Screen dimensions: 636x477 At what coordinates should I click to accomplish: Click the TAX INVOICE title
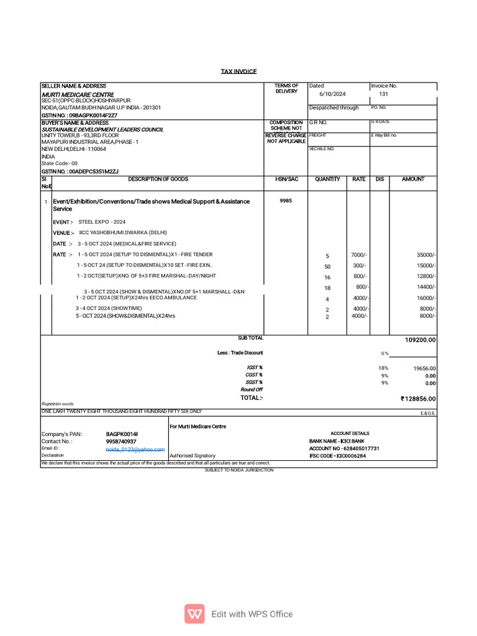pos(238,72)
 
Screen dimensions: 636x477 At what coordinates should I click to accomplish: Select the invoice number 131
pos(383,94)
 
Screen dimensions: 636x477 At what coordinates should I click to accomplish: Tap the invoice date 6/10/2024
pos(332,94)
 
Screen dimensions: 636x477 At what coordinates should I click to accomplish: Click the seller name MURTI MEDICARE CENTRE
pos(77,94)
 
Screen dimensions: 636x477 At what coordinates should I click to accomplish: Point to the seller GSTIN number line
pos(79,115)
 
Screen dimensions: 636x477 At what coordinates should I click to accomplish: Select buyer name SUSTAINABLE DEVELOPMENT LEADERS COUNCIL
pos(102,129)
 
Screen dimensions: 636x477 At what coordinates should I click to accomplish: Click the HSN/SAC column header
pos(286,179)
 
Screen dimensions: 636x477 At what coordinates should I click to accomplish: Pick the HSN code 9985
pos(286,201)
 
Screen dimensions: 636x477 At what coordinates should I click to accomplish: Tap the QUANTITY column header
pos(327,179)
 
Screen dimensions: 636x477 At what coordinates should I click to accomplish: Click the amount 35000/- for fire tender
pos(426,255)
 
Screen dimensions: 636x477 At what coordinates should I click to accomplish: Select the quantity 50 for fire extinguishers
pos(327,266)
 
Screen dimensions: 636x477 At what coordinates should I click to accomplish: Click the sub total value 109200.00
pos(420,340)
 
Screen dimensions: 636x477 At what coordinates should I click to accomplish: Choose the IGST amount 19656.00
pos(425,368)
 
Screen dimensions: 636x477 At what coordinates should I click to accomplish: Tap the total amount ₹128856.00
pos(419,399)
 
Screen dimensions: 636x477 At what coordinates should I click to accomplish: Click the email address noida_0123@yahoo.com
pos(135,448)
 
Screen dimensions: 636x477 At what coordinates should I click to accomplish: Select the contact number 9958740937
pos(121,441)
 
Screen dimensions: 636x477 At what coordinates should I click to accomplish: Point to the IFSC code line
pos(337,456)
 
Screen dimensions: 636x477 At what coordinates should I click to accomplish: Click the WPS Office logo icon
pos(194,614)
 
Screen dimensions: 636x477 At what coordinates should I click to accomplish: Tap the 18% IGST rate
pos(383,368)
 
